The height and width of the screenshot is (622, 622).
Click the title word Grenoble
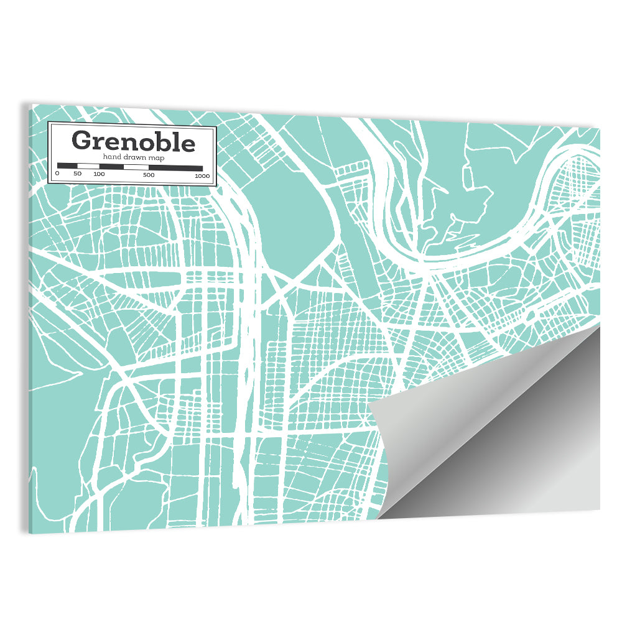[133, 141]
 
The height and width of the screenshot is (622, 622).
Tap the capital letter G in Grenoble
[82, 141]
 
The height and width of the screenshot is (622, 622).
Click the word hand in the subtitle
[112, 158]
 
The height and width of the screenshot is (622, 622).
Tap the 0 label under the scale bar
[57, 174]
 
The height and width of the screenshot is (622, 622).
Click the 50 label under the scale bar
[77, 174]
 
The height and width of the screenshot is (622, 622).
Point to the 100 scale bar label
[99, 174]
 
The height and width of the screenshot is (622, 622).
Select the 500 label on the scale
[148, 175]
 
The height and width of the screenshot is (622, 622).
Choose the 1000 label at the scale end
[201, 175]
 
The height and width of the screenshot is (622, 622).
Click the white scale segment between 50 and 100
[88, 167]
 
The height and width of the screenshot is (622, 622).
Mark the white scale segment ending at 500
[136, 167]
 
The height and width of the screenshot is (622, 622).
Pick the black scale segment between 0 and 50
[67, 166]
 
